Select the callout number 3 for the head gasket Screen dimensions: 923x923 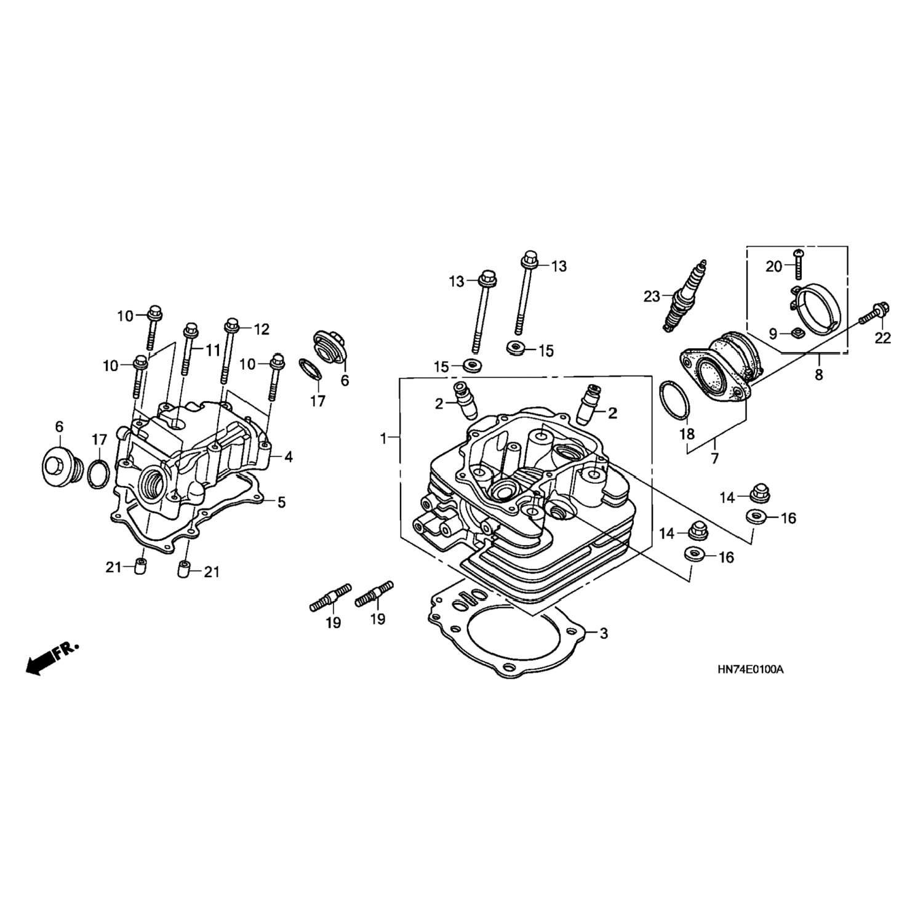coord(604,633)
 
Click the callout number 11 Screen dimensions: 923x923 coord(213,350)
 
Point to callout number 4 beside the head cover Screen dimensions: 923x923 coord(288,457)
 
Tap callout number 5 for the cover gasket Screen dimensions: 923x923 coord(281,502)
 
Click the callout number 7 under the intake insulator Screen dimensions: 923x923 coord(714,458)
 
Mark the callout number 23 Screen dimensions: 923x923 coord(652,296)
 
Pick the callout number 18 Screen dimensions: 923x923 coord(687,434)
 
